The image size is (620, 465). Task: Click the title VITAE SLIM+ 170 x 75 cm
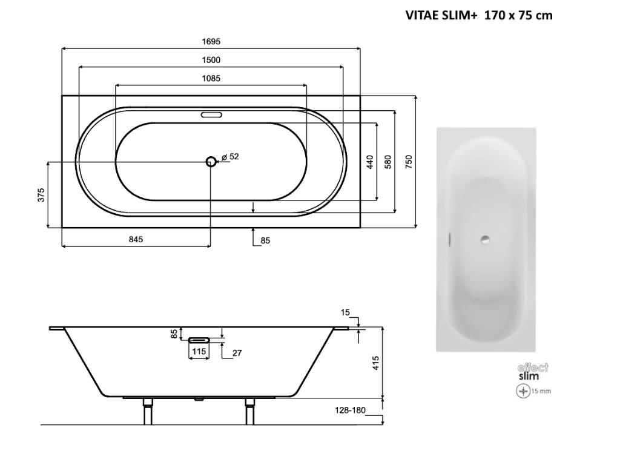(x=479, y=15)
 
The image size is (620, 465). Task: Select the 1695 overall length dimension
(x=211, y=42)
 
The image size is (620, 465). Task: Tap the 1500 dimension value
(x=211, y=60)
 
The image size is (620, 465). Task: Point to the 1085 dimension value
(x=211, y=78)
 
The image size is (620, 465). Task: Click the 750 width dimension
(x=409, y=162)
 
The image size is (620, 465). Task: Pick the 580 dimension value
(x=388, y=162)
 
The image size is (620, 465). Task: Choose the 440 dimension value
(x=370, y=162)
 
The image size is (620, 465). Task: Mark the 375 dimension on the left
(x=41, y=196)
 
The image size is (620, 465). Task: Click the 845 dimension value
(x=136, y=239)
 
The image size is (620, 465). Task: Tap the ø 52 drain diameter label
(x=230, y=157)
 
